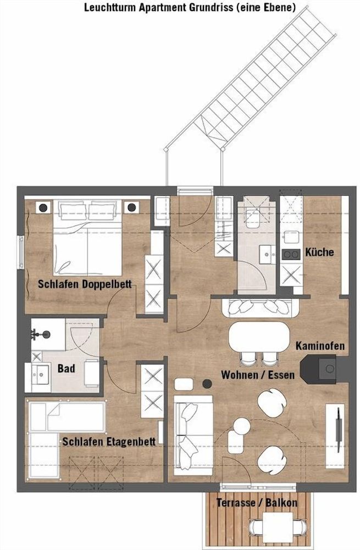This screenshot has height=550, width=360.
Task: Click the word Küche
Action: [x=319, y=252]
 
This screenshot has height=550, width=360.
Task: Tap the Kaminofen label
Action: [x=320, y=346]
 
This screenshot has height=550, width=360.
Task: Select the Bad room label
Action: [x=67, y=369]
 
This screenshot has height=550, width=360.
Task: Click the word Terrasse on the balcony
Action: [x=236, y=502]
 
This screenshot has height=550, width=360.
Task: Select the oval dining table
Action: [x=259, y=337]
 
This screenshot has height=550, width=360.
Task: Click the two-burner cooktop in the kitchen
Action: [x=291, y=254]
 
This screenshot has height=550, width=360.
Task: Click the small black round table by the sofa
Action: [x=207, y=384]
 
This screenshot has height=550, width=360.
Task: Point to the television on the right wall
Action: [x=339, y=430]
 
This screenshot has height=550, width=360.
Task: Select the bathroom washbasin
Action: [x=41, y=373]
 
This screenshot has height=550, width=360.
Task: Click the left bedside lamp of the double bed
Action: [x=43, y=208]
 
